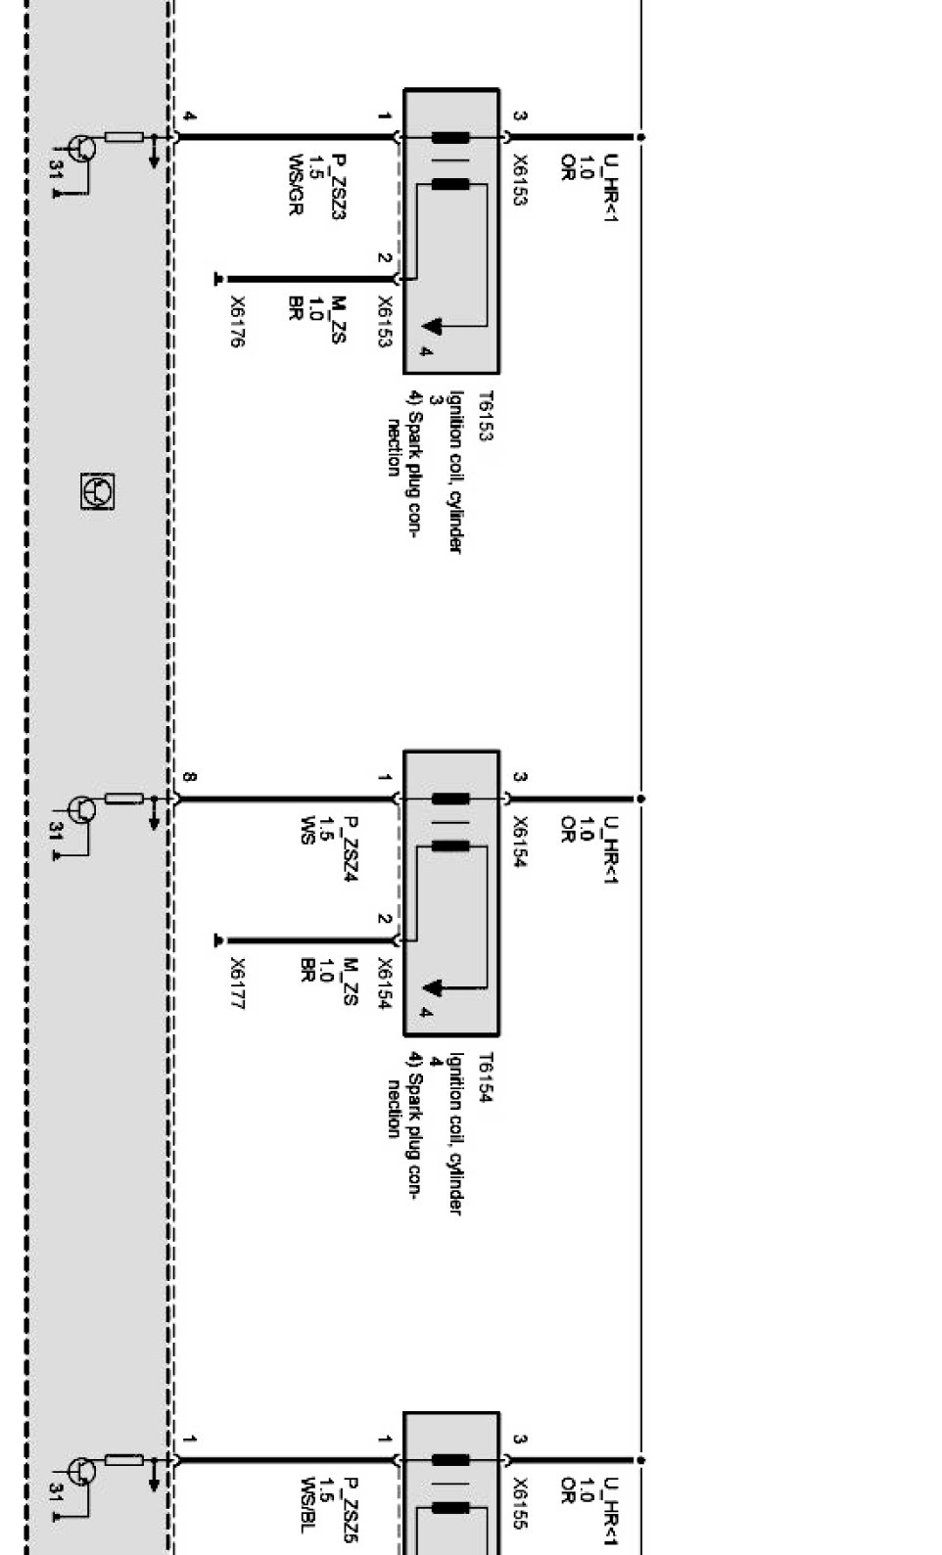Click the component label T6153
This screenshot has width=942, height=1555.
tap(486, 416)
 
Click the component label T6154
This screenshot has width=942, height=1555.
tap(486, 1077)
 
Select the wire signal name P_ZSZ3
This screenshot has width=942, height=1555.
tap(338, 187)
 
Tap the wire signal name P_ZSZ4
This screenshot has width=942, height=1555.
tap(351, 848)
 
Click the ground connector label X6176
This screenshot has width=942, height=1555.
tap(237, 321)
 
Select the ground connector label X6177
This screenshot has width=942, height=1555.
tap(237, 983)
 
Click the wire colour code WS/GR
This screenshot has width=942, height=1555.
tap(296, 185)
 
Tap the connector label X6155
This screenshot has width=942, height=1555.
tap(520, 1503)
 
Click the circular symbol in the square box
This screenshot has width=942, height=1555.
tap(97, 491)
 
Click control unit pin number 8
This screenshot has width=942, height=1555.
tap(189, 777)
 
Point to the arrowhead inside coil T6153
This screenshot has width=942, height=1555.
tap(432, 325)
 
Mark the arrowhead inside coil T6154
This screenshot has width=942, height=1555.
tap(432, 986)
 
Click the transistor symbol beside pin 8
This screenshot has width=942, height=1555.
tap(82, 809)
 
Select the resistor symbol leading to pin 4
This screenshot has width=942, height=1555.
tap(124, 137)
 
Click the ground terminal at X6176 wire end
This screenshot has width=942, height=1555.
tap(218, 279)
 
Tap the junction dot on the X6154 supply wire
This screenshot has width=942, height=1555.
tap(640, 799)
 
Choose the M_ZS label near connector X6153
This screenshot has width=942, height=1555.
tap(338, 319)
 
